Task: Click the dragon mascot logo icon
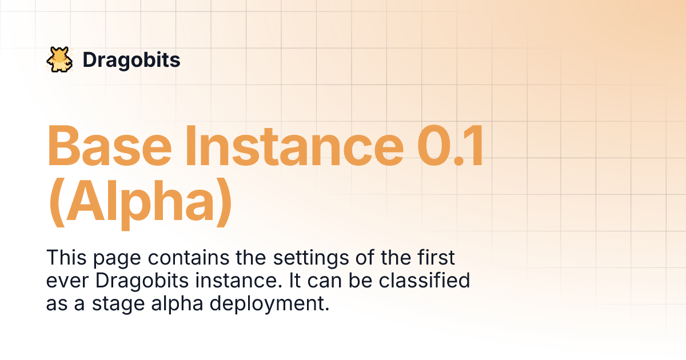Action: pyautogui.click(x=58, y=60)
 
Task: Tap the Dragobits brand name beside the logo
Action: pyautogui.click(x=131, y=60)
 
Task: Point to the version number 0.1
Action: pyautogui.click(x=451, y=146)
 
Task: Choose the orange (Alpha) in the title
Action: pyautogui.click(x=140, y=202)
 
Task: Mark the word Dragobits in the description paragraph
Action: pyautogui.click(x=138, y=281)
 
